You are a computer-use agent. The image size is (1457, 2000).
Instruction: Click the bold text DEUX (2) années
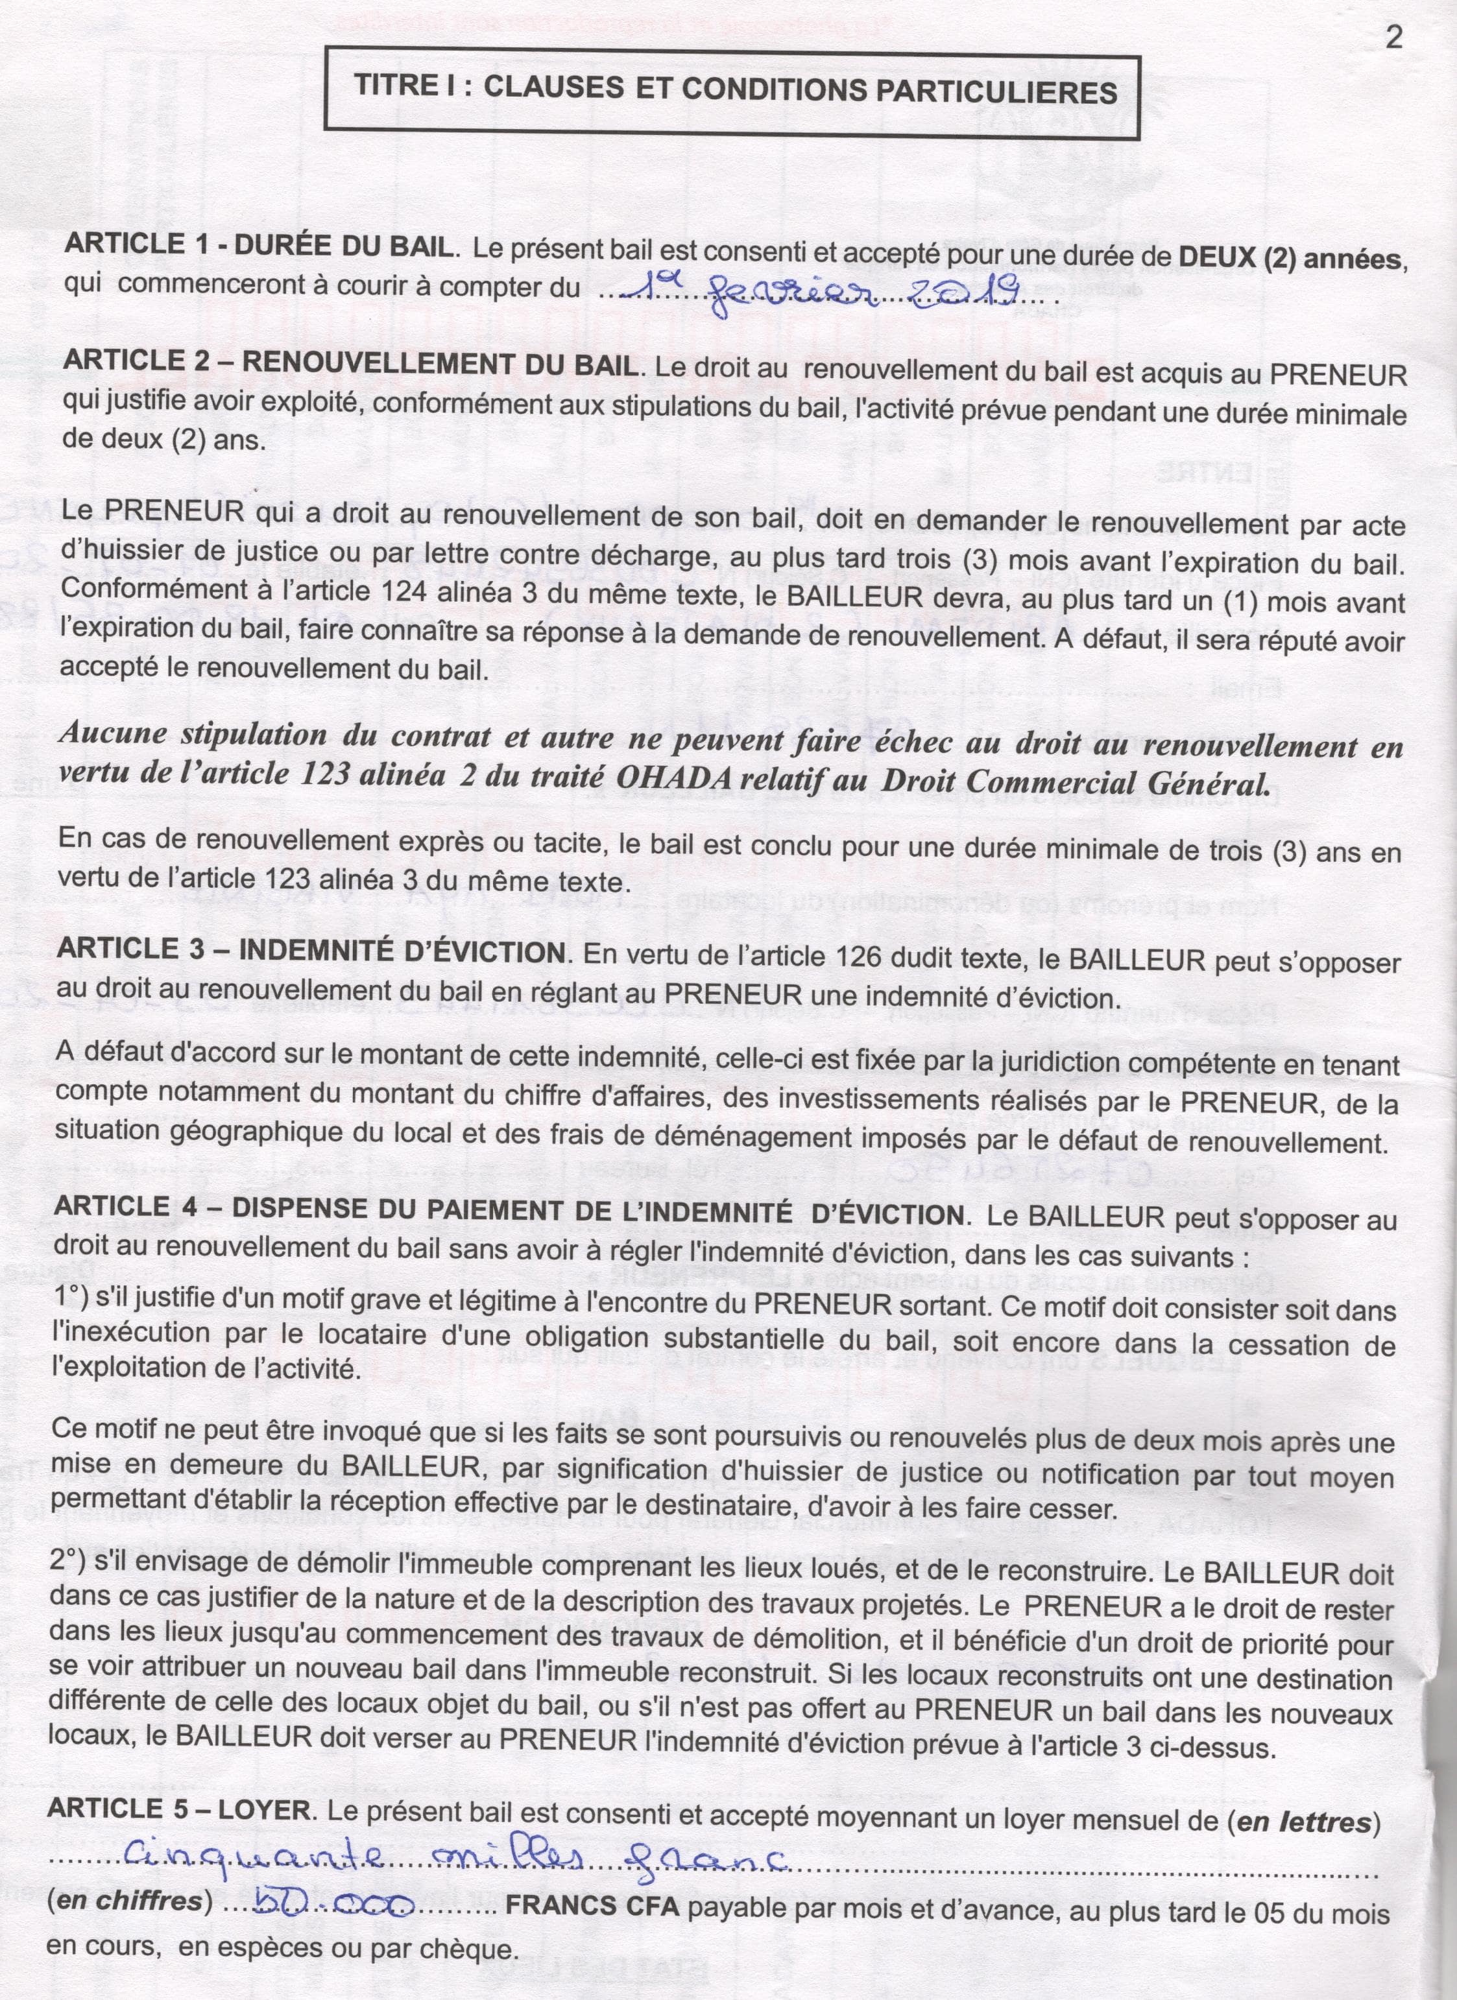(1288, 258)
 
